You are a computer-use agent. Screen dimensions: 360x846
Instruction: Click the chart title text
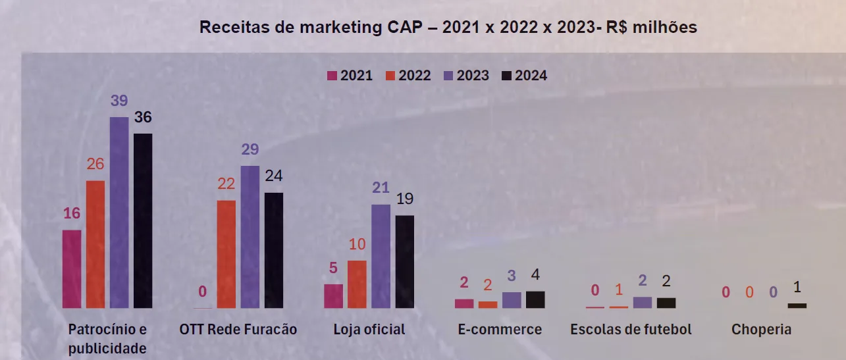point(448,28)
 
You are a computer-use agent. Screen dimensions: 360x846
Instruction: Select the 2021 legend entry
point(350,76)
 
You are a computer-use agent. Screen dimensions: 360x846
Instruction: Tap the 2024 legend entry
point(525,76)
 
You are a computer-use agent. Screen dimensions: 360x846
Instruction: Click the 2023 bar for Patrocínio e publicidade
point(119,212)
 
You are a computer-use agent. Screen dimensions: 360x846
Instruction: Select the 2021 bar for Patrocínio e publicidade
point(72,269)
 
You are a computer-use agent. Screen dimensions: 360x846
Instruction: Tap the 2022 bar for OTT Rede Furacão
point(226,254)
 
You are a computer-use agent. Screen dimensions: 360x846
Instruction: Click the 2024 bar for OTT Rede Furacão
point(274,250)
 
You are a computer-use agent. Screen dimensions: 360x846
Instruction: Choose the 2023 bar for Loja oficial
point(381,256)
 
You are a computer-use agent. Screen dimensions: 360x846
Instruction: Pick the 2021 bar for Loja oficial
point(333,296)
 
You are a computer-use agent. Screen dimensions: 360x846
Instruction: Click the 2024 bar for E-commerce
point(535,299)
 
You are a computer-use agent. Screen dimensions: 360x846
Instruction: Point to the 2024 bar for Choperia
point(797,305)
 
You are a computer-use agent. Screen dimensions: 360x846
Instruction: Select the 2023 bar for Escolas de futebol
point(643,302)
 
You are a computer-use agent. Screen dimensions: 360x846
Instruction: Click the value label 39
point(119,101)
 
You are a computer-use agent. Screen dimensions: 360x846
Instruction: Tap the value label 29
point(250,149)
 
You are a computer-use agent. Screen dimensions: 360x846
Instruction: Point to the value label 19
point(405,199)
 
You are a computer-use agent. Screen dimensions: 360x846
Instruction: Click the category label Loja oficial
point(369,329)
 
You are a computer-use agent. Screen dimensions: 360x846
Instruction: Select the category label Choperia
point(761,329)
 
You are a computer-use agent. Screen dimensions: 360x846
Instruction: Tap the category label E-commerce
point(500,329)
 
